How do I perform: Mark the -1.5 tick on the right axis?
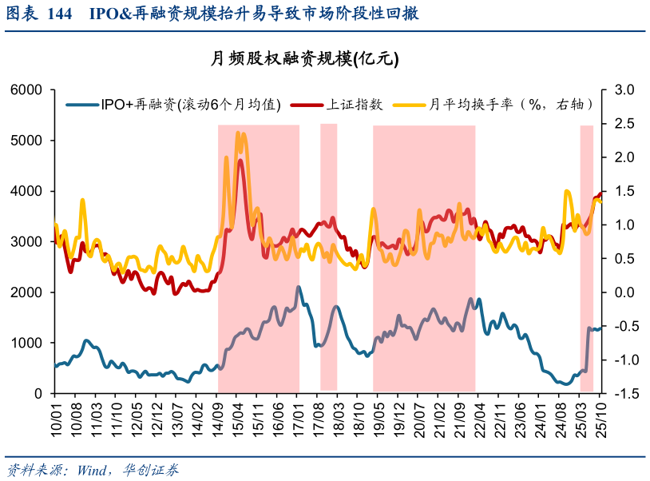tap(622, 393)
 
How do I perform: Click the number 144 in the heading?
tap(60, 14)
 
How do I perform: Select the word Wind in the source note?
tap(94, 469)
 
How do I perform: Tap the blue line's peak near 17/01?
tap(299, 287)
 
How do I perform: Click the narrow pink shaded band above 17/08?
tap(328, 256)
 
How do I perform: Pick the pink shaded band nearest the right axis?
tap(586, 256)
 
